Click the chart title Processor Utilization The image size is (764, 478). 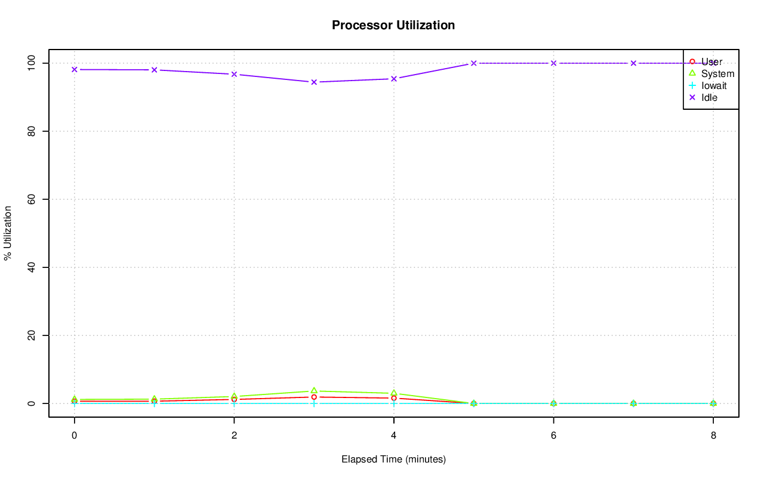click(393, 26)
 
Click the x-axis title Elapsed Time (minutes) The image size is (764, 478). click(393, 460)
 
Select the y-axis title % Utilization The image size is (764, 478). click(8, 233)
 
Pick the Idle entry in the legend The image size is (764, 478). click(709, 98)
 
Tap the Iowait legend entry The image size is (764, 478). click(714, 86)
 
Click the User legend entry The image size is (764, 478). click(711, 62)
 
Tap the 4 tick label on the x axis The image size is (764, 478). click(394, 436)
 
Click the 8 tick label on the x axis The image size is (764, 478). click(713, 436)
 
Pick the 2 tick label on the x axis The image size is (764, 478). click(234, 436)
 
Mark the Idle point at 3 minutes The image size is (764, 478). click(314, 82)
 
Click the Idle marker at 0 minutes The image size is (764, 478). click(75, 70)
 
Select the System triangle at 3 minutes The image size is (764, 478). click(314, 391)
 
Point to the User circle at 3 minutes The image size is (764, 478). click(314, 397)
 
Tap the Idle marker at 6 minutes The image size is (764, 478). click(554, 63)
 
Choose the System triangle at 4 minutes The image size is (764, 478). click(394, 393)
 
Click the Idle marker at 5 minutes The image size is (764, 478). click(474, 63)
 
